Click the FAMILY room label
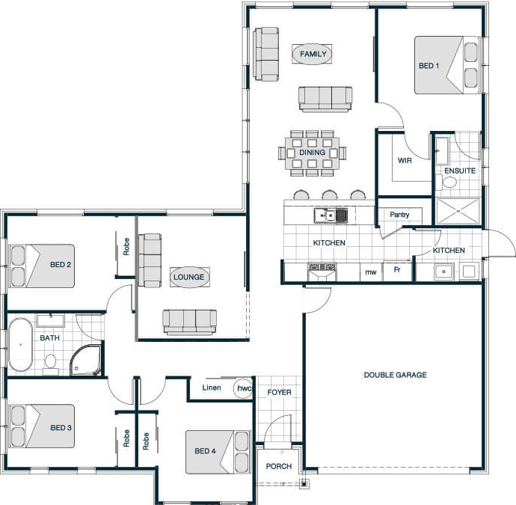pos(313,54)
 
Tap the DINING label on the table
pos(312,153)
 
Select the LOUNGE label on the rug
pos(189,278)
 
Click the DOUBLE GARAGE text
pos(396,375)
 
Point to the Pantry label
pos(399,215)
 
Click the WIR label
pos(405,161)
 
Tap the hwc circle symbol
pos(243,388)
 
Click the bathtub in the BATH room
pos(20,344)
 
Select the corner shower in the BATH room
pos(85,360)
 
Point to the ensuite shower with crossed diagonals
pos(458,211)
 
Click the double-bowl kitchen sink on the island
pos(331,215)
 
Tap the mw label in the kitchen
pos(371,272)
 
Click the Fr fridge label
pos(397,269)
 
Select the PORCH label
pos(279,466)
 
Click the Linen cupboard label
pos(212,388)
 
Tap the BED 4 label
pos(206,450)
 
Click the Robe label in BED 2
pos(126,247)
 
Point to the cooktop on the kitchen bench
pos(322,272)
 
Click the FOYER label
pos(279,393)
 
